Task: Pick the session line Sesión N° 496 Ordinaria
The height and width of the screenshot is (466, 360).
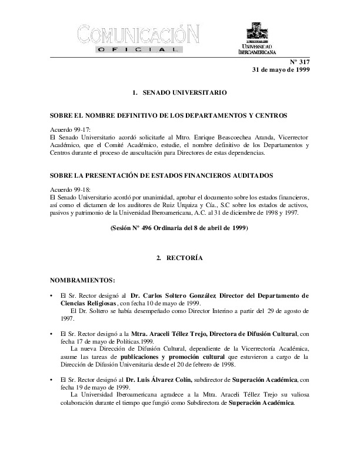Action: click(179, 227)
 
